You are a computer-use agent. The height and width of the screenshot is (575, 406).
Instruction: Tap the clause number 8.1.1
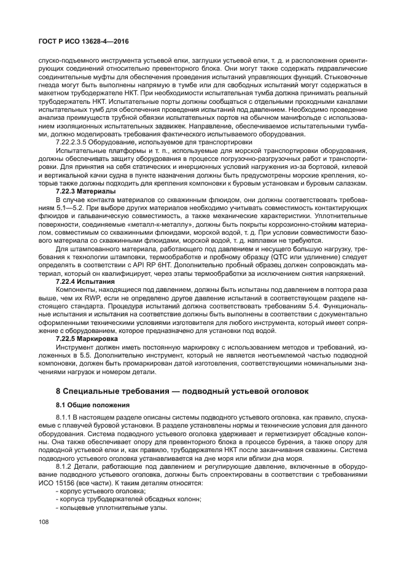[x=64, y=418]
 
